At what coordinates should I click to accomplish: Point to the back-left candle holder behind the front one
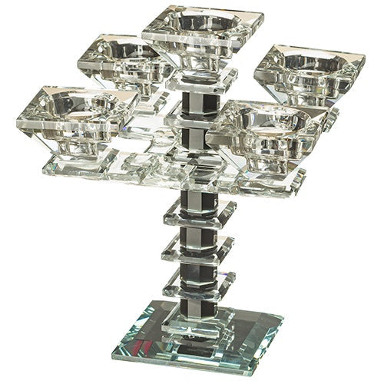(123, 58)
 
